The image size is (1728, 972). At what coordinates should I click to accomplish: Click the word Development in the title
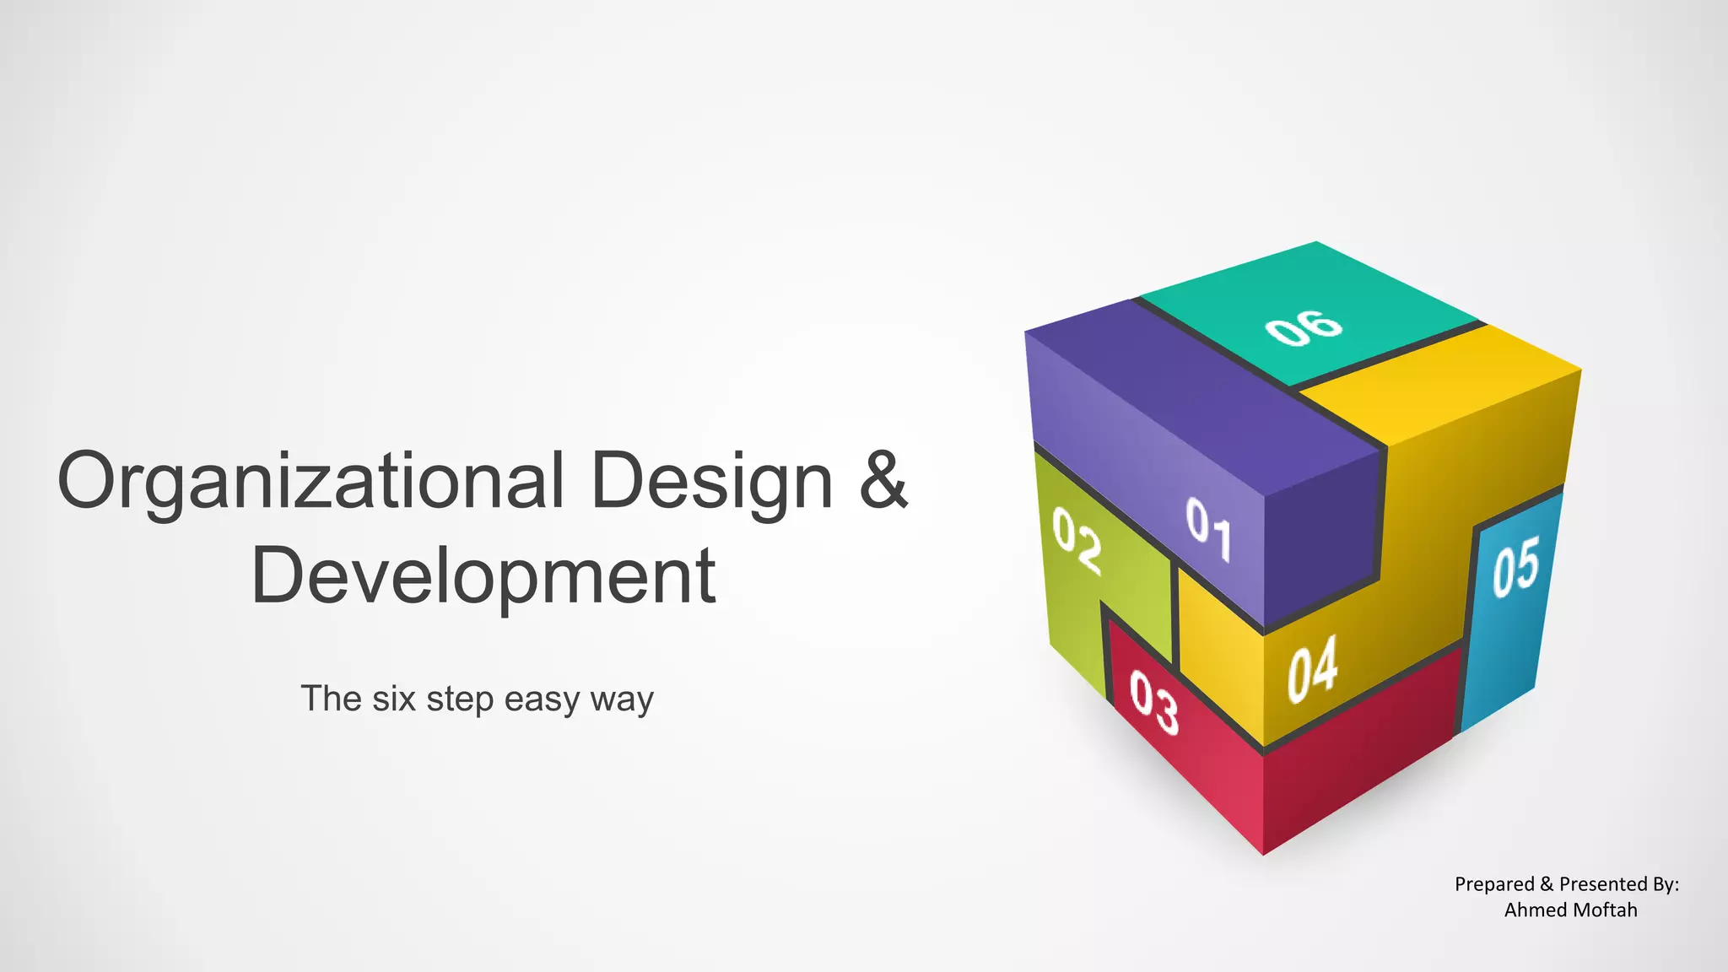[x=483, y=577]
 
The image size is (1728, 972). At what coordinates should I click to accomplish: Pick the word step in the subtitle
[x=460, y=699]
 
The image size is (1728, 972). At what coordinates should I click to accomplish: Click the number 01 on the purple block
[x=1208, y=528]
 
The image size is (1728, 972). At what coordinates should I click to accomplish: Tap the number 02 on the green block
[x=1077, y=541]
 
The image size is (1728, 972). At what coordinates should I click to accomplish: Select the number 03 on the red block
[x=1153, y=702]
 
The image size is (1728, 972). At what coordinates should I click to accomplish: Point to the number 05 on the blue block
[x=1515, y=566]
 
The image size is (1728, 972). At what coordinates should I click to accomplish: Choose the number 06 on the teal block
[x=1304, y=327]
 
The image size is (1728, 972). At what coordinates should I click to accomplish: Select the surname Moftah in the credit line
[x=1606, y=910]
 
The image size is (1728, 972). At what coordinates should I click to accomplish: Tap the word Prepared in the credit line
[x=1494, y=884]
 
